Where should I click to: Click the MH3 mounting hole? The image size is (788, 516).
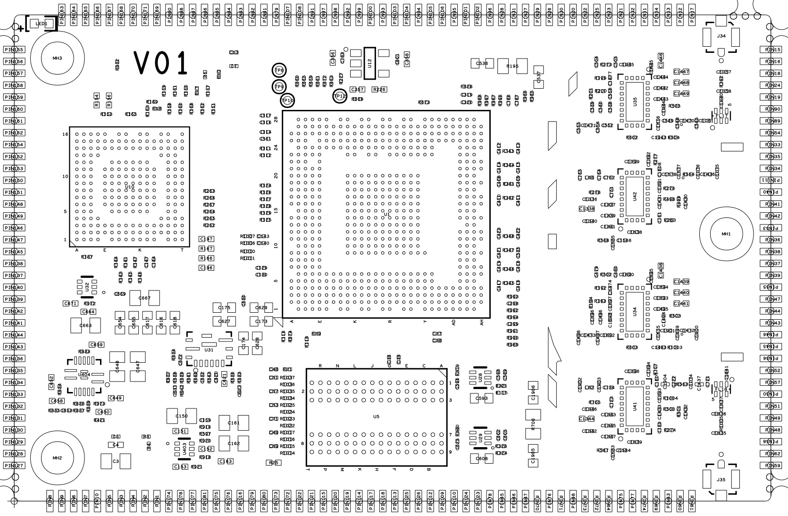pos(57,58)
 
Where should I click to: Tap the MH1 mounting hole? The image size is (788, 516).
pos(726,233)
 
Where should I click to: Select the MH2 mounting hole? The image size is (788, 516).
pos(57,458)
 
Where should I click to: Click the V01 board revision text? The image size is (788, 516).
pos(161,63)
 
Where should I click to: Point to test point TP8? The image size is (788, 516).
pos(279,70)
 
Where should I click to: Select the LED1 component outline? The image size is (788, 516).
pos(42,24)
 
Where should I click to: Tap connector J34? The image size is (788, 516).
pos(721,36)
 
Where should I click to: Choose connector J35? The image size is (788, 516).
pos(721,480)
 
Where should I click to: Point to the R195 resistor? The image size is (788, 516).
pos(512,66)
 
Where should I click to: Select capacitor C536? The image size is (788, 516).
pos(482,63)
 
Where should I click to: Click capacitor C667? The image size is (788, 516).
pos(144,298)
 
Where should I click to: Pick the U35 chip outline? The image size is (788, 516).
pos(635,101)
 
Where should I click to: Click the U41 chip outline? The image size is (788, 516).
pos(635,407)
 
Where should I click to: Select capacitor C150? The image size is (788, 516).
pos(181,416)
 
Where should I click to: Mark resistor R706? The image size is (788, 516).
pos(533,424)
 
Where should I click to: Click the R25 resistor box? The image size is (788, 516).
pos(273,463)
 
